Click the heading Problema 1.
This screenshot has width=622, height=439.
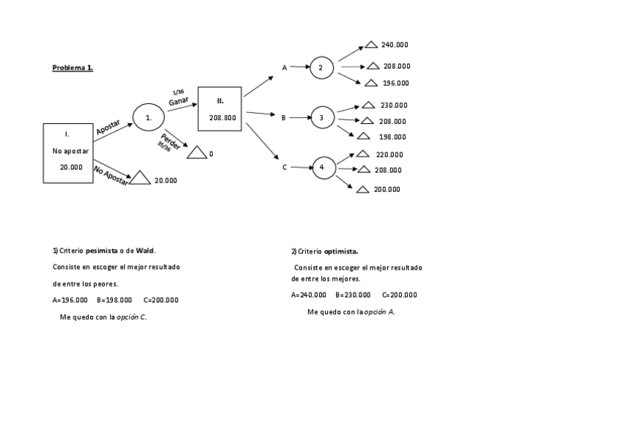tap(72, 68)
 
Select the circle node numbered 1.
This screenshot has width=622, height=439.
tap(149, 117)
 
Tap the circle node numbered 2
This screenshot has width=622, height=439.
tap(321, 68)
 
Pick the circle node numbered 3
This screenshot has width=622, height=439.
tap(323, 117)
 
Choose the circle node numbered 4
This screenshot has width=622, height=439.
tap(323, 168)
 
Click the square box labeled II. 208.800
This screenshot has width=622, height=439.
tap(220, 108)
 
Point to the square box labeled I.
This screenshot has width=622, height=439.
tap(67, 152)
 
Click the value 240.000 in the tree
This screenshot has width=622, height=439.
tap(395, 45)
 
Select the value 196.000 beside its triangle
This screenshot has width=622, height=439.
tap(396, 83)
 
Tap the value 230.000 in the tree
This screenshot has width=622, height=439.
tap(394, 105)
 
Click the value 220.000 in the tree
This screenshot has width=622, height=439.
tap(389, 155)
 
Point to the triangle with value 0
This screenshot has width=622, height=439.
tap(197, 153)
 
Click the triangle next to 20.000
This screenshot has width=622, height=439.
tap(140, 178)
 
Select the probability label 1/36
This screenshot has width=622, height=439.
tap(178, 92)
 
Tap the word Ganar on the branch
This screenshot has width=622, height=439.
tap(178, 101)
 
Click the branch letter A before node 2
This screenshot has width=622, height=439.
tap(285, 67)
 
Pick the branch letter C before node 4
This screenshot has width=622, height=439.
tap(285, 167)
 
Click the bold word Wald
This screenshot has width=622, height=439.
tap(145, 251)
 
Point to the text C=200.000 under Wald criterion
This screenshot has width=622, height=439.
tap(161, 300)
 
